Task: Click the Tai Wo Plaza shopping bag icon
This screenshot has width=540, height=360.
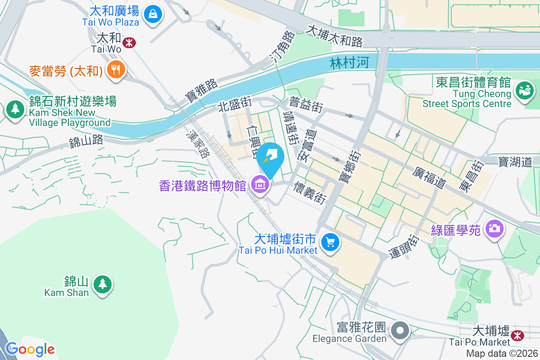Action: pos(153,14)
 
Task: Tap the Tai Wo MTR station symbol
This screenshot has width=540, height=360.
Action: pos(130,43)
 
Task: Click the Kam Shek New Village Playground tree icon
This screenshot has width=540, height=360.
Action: pos(16,109)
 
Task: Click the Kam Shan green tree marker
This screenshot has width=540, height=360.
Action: pos(103,283)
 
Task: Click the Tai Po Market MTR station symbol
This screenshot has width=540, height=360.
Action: pos(517,335)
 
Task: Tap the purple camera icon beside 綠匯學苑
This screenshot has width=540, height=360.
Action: pos(495,229)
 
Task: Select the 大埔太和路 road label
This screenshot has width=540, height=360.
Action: pos(334,36)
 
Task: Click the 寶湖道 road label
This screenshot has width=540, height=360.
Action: pos(515,161)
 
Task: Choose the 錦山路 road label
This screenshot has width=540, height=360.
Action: pos(86,142)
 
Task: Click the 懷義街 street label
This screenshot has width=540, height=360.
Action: pos(310,193)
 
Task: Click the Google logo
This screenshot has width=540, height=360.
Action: pos(30,349)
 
